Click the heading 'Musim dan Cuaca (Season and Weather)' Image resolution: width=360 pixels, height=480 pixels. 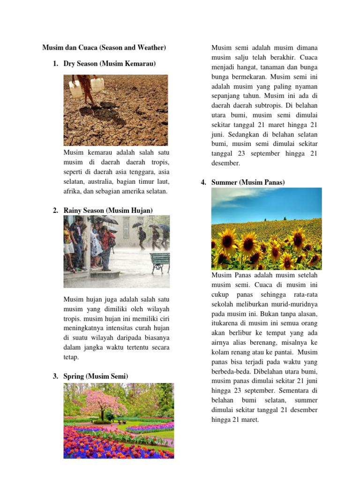click(x=104, y=48)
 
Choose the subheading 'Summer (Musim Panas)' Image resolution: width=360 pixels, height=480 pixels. click(x=248, y=182)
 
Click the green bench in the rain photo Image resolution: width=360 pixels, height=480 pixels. click(x=160, y=262)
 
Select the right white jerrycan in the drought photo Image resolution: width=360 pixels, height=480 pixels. click(x=97, y=84)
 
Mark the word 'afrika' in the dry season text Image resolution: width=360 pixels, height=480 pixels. click(x=73, y=191)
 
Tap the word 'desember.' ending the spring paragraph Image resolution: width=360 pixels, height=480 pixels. click(x=225, y=163)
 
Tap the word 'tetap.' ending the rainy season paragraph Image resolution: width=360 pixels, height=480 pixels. click(x=71, y=357)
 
